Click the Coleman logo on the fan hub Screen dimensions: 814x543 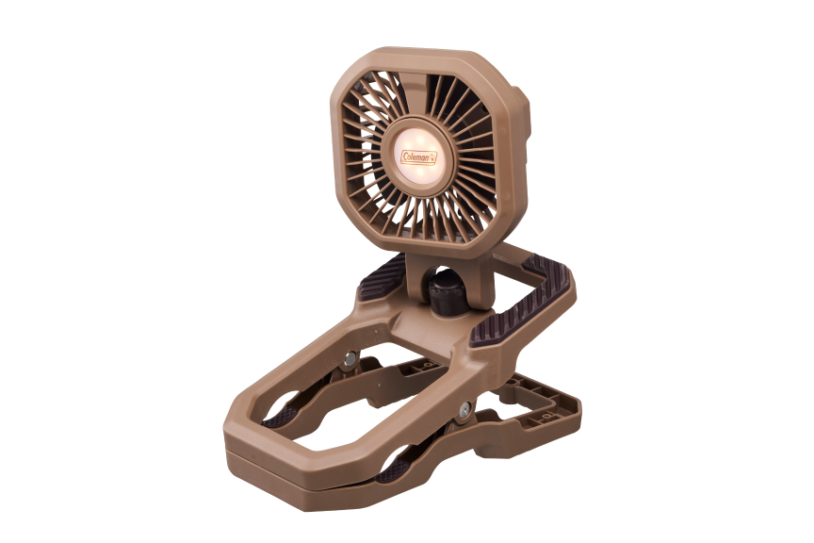(419, 156)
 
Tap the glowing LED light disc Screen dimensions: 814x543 (419, 155)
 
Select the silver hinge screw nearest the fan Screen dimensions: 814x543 (350, 357)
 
